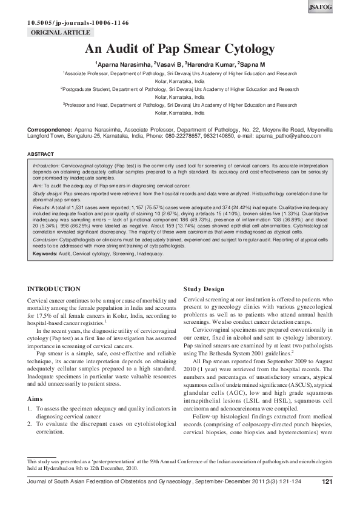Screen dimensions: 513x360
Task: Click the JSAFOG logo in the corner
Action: [x=344, y=7]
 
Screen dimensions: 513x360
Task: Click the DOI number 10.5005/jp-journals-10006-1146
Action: [x=78, y=23]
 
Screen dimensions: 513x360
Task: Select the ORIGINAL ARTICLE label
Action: [x=60, y=32]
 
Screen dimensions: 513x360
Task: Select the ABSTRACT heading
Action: [x=42, y=155]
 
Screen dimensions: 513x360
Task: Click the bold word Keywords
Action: [x=47, y=254]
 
